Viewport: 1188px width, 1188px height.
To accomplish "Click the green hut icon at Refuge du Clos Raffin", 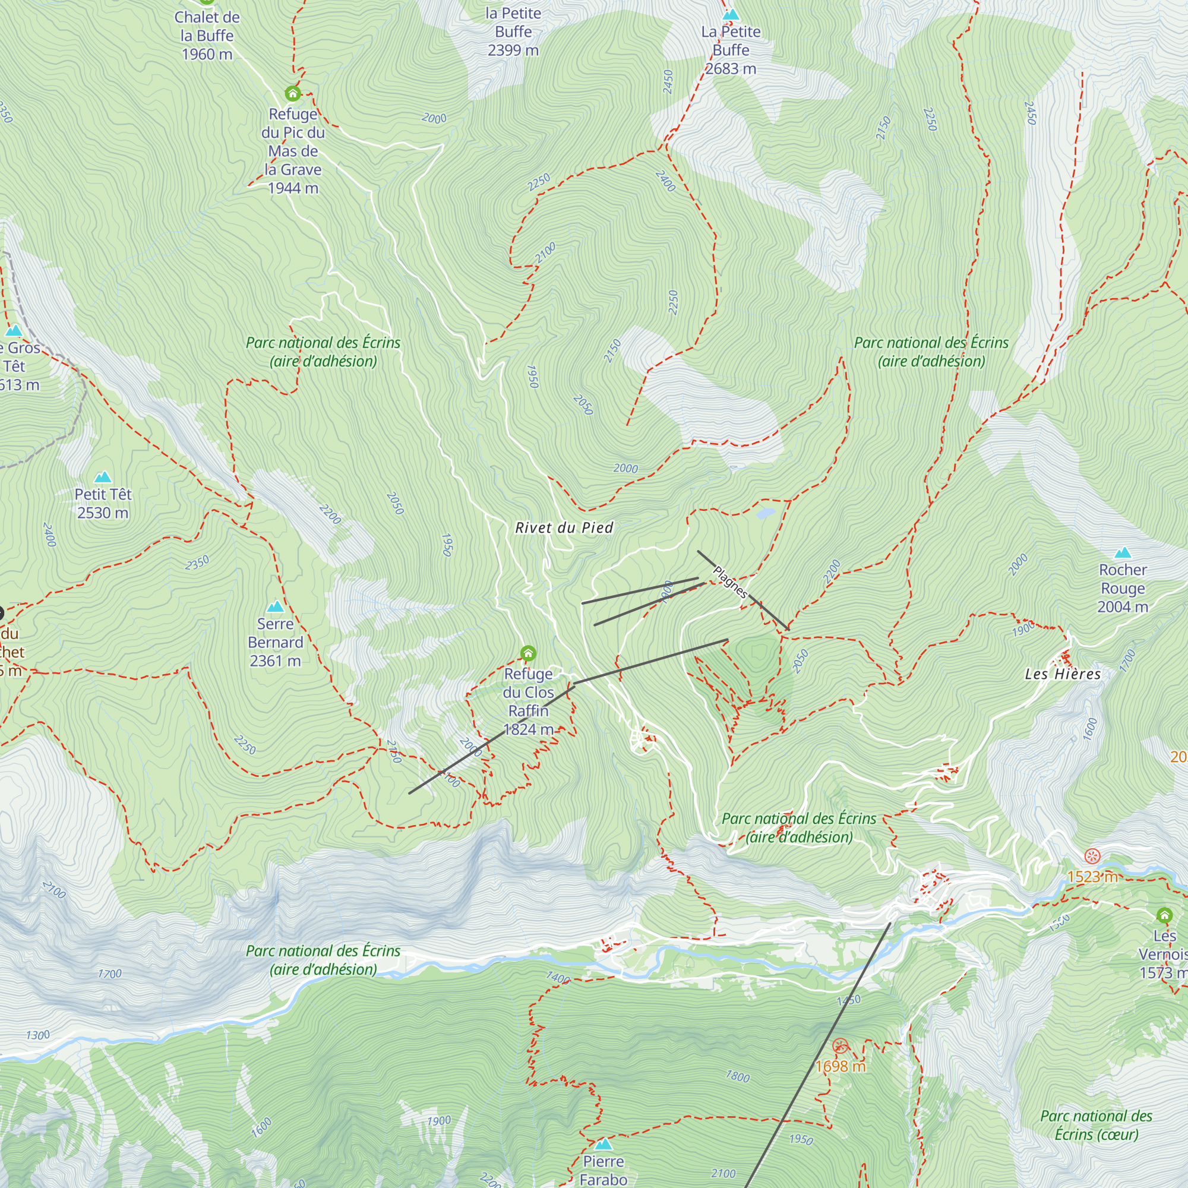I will click(527, 652).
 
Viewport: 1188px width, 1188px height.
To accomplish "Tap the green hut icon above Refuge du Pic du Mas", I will click(293, 93).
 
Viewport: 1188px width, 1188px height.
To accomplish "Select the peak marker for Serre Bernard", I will click(276, 606).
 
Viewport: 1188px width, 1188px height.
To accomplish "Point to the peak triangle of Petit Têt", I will click(103, 477).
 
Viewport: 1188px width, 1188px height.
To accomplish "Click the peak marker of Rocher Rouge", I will click(1123, 552).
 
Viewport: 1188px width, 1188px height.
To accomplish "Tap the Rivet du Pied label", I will click(564, 527).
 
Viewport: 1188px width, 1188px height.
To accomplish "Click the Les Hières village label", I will click(1063, 674).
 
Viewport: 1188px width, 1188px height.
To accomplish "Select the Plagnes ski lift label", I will click(730, 582).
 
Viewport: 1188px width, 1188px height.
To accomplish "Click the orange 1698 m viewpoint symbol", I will click(840, 1045).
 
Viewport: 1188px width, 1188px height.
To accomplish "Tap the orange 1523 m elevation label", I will click(1092, 877).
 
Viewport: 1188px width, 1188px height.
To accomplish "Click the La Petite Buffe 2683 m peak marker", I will click(731, 14).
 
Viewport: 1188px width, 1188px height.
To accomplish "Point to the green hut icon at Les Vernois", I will click(1164, 915).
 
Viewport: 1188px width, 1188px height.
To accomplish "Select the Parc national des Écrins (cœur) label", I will click(1097, 1124).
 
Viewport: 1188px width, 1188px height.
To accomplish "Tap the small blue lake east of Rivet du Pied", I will click(766, 513).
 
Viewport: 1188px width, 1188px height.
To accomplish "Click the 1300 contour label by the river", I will click(37, 1035).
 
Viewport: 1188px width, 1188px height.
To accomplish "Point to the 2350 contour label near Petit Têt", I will click(197, 563).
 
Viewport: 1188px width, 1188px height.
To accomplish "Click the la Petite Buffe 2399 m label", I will click(513, 32).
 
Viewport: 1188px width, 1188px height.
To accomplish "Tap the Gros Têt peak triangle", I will click(14, 331).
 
